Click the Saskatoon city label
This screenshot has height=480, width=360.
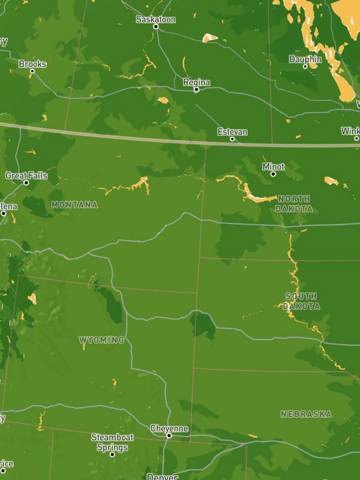156,19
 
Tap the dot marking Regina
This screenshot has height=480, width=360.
196,89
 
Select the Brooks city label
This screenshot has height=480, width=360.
33,64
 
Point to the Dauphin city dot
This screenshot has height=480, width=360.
305,66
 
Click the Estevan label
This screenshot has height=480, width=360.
232,132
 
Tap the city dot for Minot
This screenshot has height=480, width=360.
273,174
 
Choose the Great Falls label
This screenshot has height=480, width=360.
26,176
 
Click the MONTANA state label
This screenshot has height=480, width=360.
75,205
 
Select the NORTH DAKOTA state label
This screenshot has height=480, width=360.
294,204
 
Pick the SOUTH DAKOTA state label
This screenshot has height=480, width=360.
301,301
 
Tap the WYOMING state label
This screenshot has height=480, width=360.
101,340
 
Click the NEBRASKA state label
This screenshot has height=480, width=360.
306,414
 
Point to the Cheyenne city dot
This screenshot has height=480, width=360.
169,435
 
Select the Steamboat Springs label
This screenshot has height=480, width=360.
112,442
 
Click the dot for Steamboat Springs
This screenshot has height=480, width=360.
112,454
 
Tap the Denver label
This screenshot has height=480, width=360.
162,477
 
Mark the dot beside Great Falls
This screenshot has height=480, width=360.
26,182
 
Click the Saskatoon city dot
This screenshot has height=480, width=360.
156,26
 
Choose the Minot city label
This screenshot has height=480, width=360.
273,167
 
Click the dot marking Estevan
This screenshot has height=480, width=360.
232,139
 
